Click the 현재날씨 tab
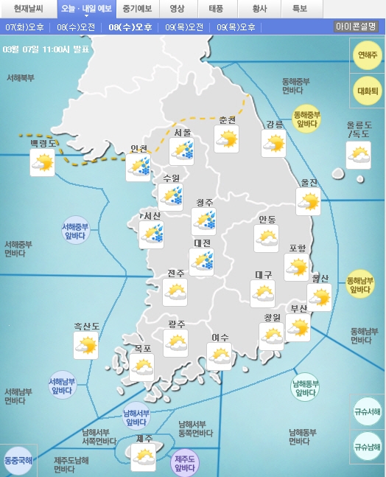(29, 9)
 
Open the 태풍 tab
(217, 9)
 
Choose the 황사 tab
(259, 9)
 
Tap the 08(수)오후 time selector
(130, 27)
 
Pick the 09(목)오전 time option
(184, 27)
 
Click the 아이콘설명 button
(357, 27)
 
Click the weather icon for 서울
(181, 152)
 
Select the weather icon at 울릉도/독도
(359, 156)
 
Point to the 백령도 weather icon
(42, 162)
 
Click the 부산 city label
(298, 308)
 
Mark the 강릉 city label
(274, 124)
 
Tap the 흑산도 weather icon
(86, 344)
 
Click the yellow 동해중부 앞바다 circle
(306, 119)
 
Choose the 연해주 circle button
(367, 55)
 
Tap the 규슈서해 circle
(367, 411)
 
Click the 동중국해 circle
(18, 460)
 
